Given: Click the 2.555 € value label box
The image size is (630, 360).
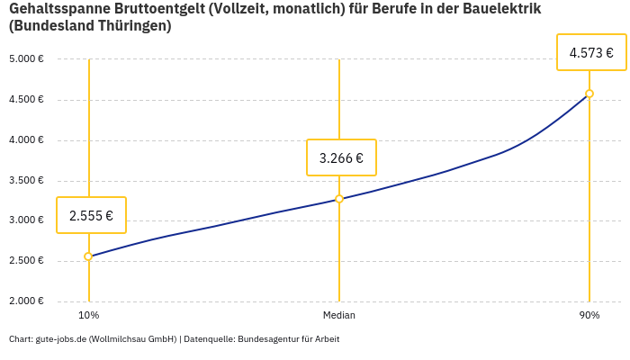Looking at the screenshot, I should click(x=91, y=215).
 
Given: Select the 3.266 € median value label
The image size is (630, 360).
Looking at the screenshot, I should click(x=341, y=157).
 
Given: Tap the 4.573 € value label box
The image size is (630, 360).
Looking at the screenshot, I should click(x=591, y=53).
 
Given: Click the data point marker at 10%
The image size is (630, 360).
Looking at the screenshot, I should click(x=88, y=256).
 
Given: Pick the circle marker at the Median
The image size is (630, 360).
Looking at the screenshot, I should click(x=339, y=199).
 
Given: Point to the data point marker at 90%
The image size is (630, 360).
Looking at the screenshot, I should click(x=589, y=94).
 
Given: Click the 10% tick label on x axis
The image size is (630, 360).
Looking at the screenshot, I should click(x=88, y=315).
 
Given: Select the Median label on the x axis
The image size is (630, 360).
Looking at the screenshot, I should click(x=339, y=315).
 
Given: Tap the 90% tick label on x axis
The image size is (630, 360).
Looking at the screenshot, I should click(x=589, y=315).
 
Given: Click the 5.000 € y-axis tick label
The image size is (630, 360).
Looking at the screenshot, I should click(x=27, y=59).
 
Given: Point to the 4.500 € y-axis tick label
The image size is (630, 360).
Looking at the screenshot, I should click(x=27, y=100).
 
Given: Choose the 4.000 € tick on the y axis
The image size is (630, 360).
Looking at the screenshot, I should click(x=27, y=140).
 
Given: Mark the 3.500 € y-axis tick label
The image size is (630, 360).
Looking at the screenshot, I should click(x=27, y=181).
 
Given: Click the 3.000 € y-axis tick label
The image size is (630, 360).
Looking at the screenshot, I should click(x=27, y=220).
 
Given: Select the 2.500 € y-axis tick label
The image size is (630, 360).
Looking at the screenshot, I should click(x=27, y=261).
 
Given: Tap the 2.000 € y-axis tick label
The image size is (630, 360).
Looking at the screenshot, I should click(x=27, y=301).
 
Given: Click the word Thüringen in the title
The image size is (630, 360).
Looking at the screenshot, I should click(x=132, y=26).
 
